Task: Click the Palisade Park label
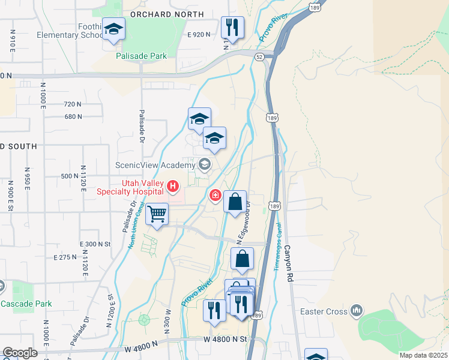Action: pyautogui.click(x=140, y=56)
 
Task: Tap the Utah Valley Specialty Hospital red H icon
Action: pyautogui.click(x=173, y=187)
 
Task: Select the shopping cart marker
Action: pyautogui.click(x=157, y=213)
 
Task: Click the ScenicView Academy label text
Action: pyautogui.click(x=155, y=164)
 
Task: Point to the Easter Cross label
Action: pyautogui.click(x=325, y=312)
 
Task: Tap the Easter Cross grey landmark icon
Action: pyautogui.click(x=357, y=310)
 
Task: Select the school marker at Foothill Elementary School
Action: pyautogui.click(x=113, y=29)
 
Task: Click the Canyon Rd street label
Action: pyautogui.click(x=289, y=263)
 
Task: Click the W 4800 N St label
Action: pyautogui.click(x=226, y=339)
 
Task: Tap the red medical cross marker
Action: pyautogui.click(x=215, y=196)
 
